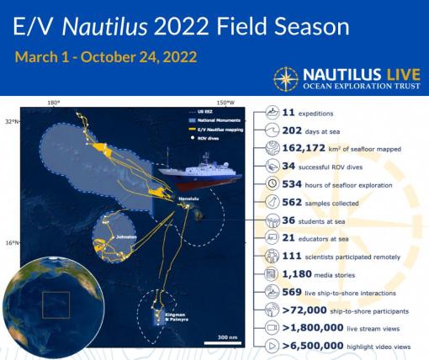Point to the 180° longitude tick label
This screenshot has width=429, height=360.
pos(54,103)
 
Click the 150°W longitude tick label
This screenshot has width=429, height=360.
pos(226,103)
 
